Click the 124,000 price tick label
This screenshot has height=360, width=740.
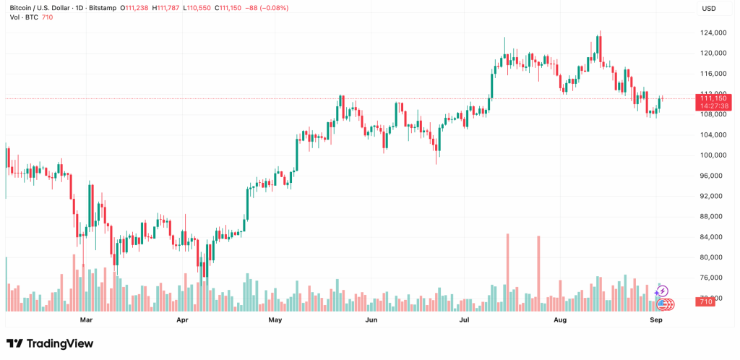pyautogui.click(x=713, y=33)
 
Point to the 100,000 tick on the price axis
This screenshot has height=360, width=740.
pyautogui.click(x=713, y=155)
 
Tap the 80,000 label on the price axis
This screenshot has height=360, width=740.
pyautogui.click(x=713, y=257)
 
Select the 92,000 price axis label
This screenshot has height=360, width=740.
pyautogui.click(x=713, y=197)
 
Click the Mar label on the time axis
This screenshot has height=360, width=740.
pyautogui.click(x=86, y=319)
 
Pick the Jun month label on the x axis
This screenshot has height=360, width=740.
pyautogui.click(x=371, y=319)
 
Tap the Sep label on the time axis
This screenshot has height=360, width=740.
pyautogui.click(x=656, y=319)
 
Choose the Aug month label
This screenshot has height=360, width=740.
pyautogui.click(x=561, y=319)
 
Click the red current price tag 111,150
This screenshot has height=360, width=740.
pyautogui.click(x=713, y=97)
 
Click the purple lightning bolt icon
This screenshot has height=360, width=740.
pyautogui.click(x=662, y=292)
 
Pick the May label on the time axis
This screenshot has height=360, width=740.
pyautogui.click(x=275, y=319)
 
